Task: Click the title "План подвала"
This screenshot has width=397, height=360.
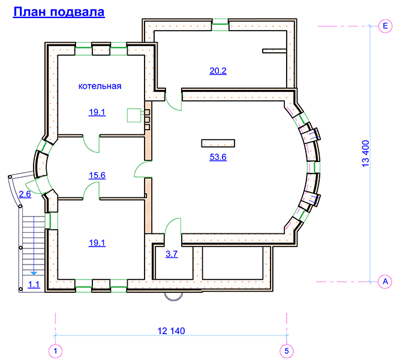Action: (59, 12)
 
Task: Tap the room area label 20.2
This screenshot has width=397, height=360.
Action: (218, 71)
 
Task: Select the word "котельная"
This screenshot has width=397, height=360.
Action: (100, 86)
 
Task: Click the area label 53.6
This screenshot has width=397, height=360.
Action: (218, 157)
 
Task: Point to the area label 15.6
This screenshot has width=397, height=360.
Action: (97, 175)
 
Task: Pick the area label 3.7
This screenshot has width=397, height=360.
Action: (172, 254)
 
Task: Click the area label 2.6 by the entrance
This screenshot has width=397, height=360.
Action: (25, 194)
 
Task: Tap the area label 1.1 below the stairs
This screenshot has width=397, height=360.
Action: (34, 284)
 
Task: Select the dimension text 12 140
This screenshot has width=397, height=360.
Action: (171, 331)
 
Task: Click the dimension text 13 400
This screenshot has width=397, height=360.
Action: (366, 154)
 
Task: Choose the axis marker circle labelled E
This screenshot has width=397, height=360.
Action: (385, 26)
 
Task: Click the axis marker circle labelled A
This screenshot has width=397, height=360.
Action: (385, 281)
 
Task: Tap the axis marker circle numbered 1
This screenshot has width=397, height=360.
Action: (55, 351)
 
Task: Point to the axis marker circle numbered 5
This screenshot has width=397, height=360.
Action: (287, 351)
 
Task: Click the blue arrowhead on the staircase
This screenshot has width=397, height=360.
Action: (34, 274)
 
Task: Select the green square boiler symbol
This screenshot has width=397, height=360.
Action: (134, 115)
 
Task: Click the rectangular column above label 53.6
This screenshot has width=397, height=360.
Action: (218, 143)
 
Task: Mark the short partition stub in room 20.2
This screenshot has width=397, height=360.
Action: (274, 51)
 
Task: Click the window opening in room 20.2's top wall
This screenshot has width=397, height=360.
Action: (220, 25)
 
